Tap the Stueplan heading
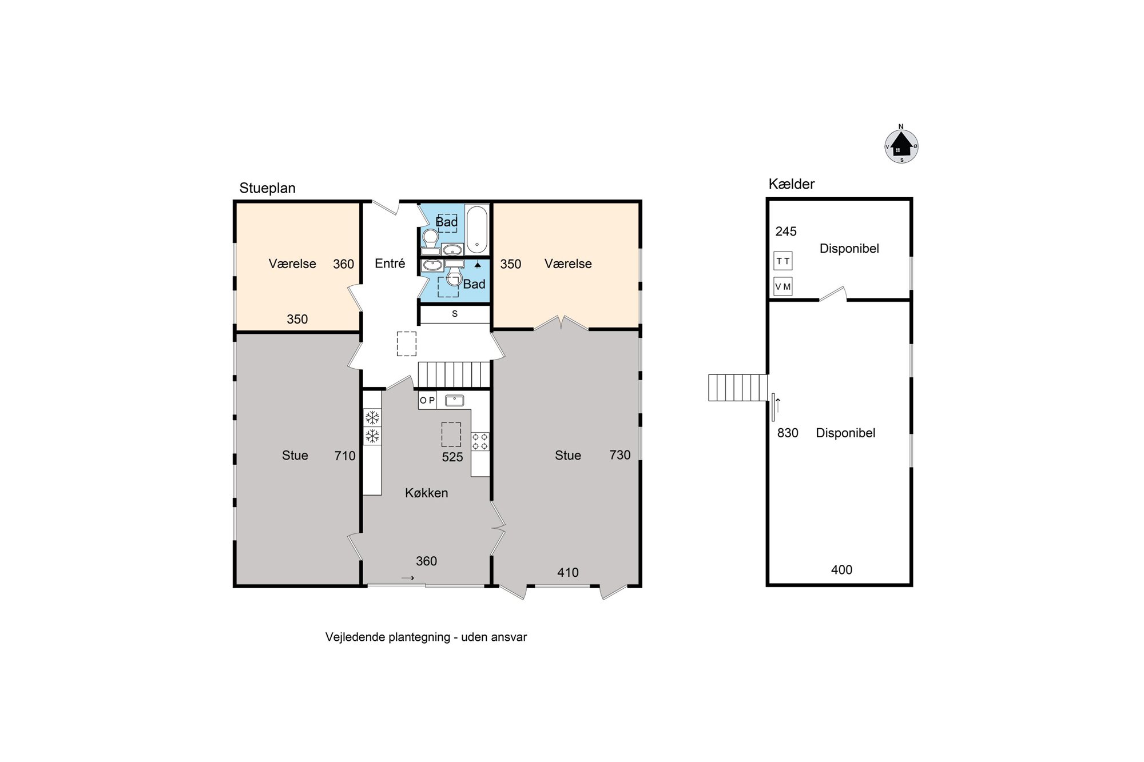[267, 188]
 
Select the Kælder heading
[792, 184]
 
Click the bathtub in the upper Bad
[477, 230]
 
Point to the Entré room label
[390, 264]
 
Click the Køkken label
[427, 493]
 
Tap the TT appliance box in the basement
[783, 261]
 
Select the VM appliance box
[783, 286]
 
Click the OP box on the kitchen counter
[427, 401]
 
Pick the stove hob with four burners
[480, 441]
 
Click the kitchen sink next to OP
[454, 400]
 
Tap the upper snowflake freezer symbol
[372, 417]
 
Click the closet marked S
[455, 314]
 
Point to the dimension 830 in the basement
[788, 433]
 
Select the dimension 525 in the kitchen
[452, 457]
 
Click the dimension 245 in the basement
[786, 232]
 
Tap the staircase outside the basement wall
[738, 388]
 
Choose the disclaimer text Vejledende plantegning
[388, 637]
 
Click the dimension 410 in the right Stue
[568, 572]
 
